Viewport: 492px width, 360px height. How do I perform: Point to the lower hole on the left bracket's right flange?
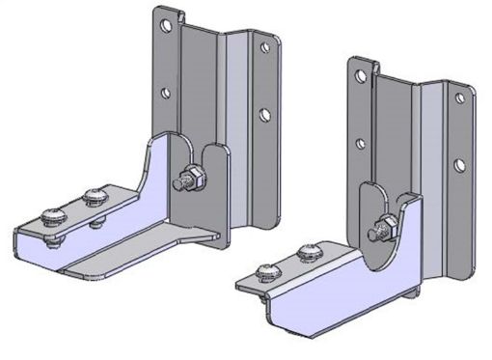tap(263, 114)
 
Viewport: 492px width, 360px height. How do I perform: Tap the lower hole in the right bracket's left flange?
tap(361, 145)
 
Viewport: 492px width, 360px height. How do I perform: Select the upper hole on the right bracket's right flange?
tap(459, 97)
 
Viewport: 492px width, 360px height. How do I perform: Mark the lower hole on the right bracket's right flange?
tap(460, 164)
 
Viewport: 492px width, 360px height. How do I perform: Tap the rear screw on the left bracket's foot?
tap(95, 198)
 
